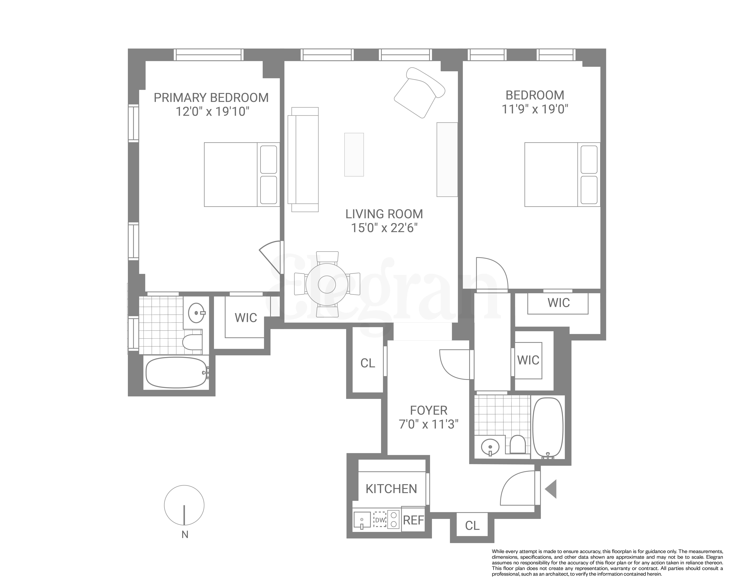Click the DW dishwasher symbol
click(380, 520)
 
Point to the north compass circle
click(184, 505)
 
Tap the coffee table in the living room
click(354, 154)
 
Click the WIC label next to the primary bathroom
click(246, 318)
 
